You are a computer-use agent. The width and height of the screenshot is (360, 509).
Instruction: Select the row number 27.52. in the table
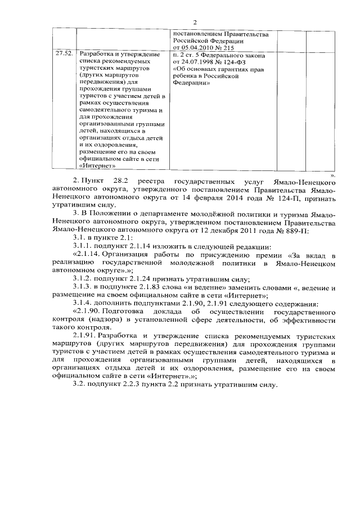point(64,56)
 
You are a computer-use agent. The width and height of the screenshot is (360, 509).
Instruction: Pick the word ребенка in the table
point(186,78)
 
